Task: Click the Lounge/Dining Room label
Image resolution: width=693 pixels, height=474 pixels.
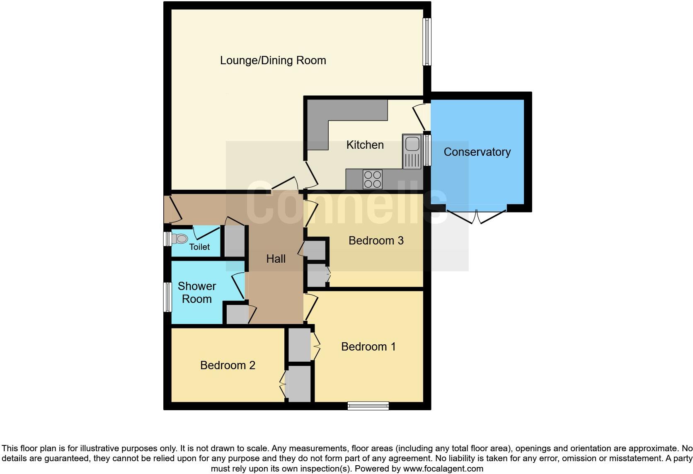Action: [273, 60]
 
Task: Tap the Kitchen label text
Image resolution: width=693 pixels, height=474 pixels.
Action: [365, 145]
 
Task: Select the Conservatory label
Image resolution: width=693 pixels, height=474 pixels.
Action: [477, 152]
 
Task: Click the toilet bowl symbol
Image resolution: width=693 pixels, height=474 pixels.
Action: [180, 239]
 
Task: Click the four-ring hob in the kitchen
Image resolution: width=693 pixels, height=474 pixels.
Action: [372, 179]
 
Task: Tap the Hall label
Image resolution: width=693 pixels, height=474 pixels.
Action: [276, 259]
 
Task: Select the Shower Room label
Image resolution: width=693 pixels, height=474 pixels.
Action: [197, 293]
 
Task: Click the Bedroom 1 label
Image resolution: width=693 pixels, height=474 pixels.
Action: [368, 346]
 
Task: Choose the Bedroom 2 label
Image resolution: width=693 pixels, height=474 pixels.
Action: [228, 365]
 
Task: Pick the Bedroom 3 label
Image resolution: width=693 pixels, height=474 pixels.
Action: [376, 240]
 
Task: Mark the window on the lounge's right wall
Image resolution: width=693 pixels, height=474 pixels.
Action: [426, 41]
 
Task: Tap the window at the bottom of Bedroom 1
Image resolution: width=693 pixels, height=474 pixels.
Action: [368, 406]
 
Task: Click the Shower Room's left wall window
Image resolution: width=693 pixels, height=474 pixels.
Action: [167, 297]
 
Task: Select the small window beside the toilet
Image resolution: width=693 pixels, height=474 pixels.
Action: [167, 239]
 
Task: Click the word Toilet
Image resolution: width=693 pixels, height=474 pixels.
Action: [199, 247]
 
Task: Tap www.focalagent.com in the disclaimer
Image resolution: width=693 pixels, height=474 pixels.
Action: [443, 469]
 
